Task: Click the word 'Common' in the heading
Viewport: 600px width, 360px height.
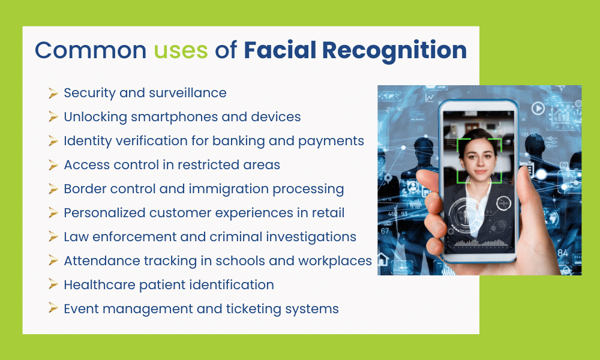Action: click(x=91, y=50)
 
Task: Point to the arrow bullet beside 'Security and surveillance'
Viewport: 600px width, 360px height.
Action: click(x=53, y=93)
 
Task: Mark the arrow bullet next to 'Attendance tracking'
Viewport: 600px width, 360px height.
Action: click(x=53, y=261)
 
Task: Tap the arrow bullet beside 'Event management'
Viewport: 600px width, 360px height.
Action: click(x=53, y=309)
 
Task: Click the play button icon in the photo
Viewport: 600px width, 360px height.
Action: click(x=538, y=109)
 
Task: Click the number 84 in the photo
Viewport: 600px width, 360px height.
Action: click(x=563, y=253)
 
